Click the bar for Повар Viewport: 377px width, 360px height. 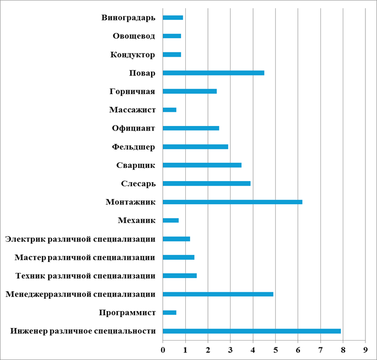(213, 73)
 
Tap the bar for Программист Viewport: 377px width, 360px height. (170, 312)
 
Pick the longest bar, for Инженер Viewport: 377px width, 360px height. (252, 331)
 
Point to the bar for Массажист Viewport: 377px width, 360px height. (170, 110)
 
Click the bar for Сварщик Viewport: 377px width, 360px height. (202, 165)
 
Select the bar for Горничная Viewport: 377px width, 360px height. (190, 91)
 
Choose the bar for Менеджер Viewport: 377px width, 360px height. (218, 294)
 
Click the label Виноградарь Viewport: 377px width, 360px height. (128, 18)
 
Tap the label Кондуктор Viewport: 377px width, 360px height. (133, 55)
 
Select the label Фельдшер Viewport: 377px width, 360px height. (133, 147)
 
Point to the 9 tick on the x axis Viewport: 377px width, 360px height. (365, 348)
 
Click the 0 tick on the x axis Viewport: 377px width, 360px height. (163, 348)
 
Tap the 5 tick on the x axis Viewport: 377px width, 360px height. (275, 348)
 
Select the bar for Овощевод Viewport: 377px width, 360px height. (172, 36)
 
